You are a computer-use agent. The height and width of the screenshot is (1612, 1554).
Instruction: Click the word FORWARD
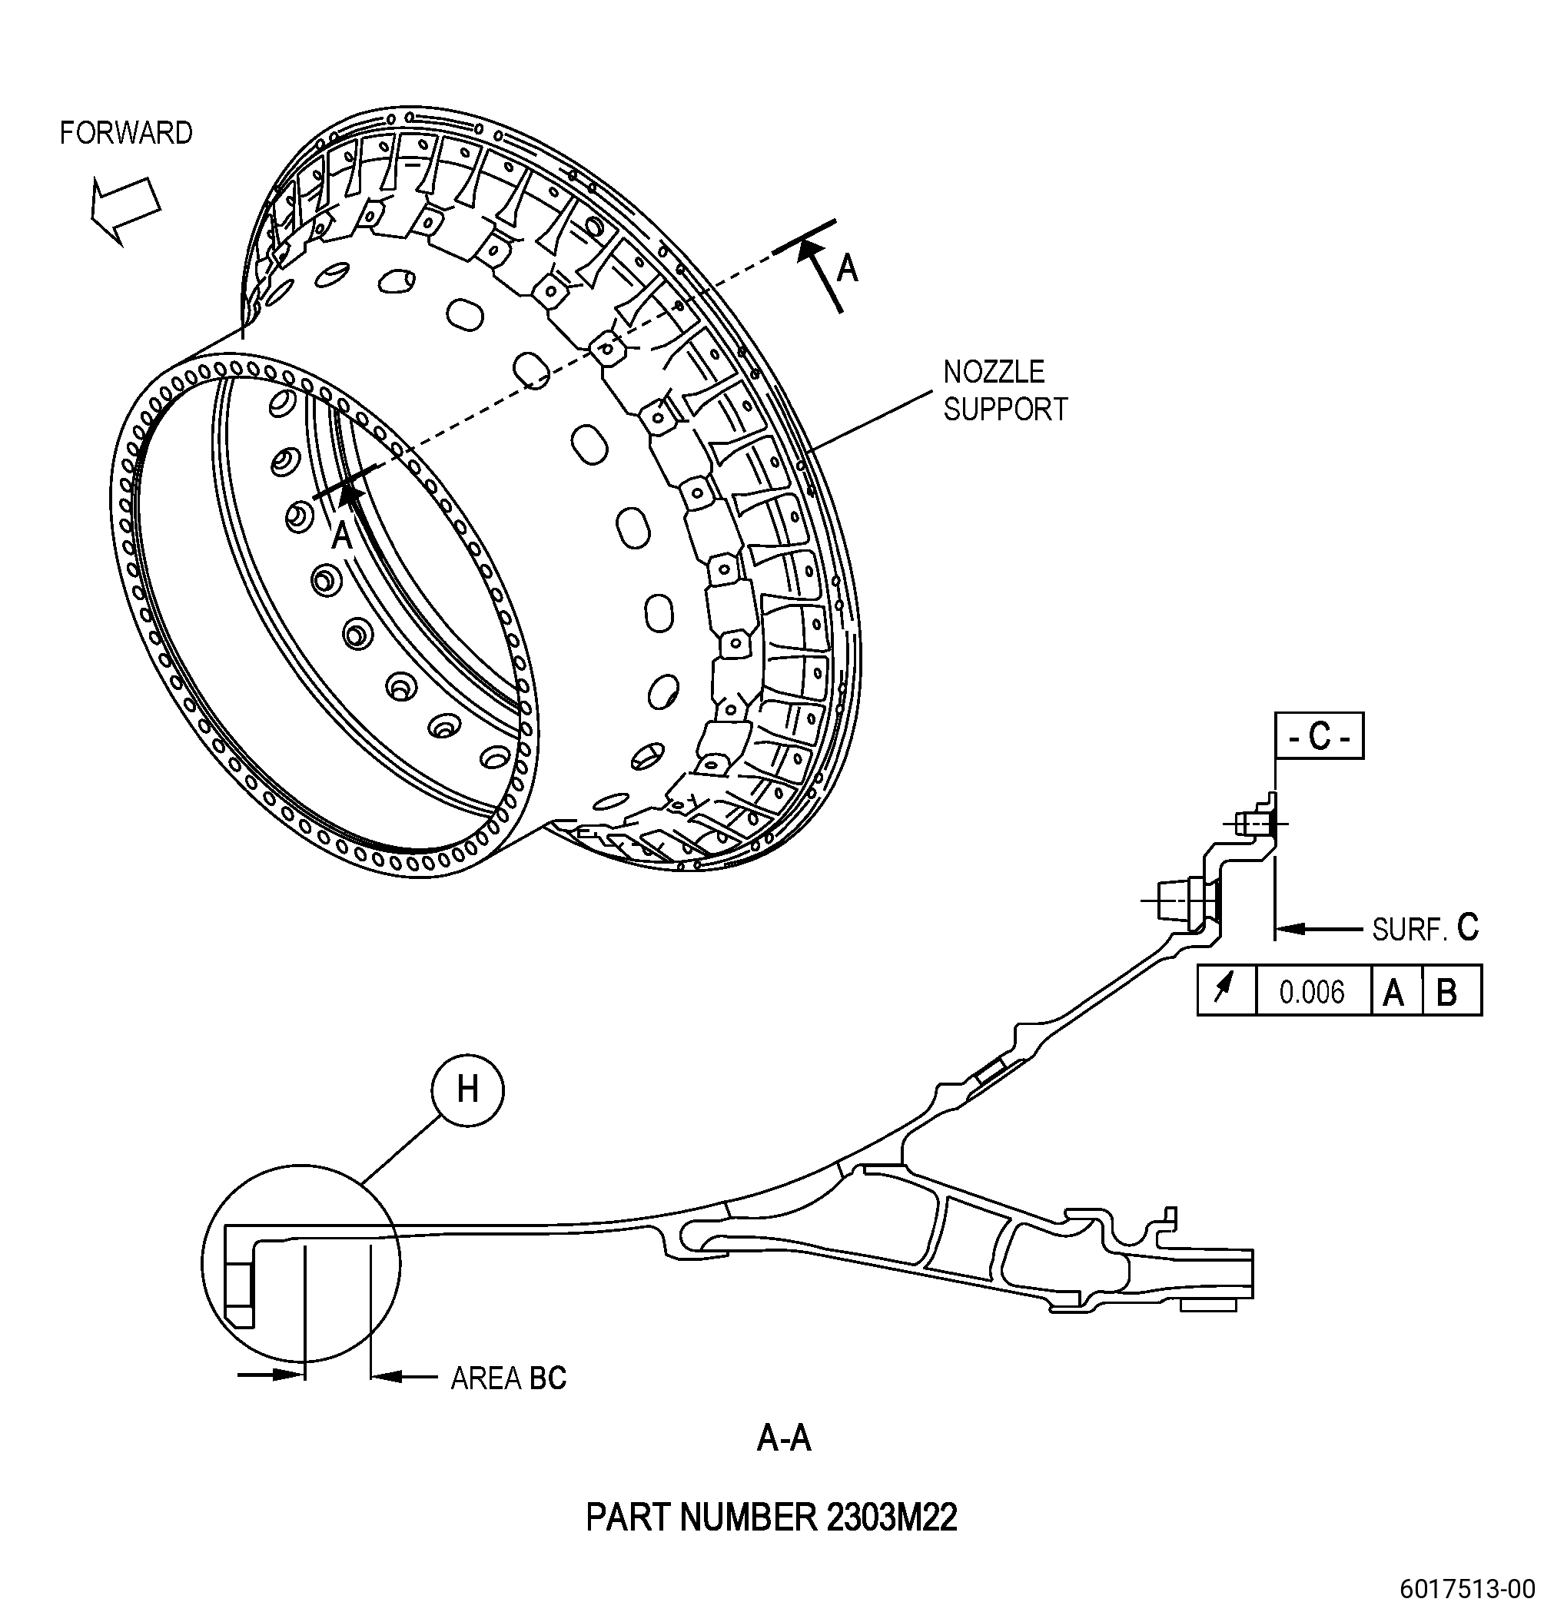(126, 133)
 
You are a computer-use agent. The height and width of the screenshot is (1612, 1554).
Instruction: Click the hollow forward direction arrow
(125, 209)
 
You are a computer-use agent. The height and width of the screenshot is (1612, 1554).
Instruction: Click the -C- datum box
(1319, 735)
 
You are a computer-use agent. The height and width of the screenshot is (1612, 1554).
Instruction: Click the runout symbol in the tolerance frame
(1226, 990)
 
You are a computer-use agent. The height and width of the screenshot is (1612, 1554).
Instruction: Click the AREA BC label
(509, 1378)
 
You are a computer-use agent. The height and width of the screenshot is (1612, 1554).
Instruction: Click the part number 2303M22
(771, 1517)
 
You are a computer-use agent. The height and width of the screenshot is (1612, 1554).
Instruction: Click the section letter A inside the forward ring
(341, 536)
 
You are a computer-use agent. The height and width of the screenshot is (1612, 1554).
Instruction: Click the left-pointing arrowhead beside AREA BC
(387, 1375)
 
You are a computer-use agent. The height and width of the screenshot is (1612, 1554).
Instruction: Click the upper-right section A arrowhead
(810, 250)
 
